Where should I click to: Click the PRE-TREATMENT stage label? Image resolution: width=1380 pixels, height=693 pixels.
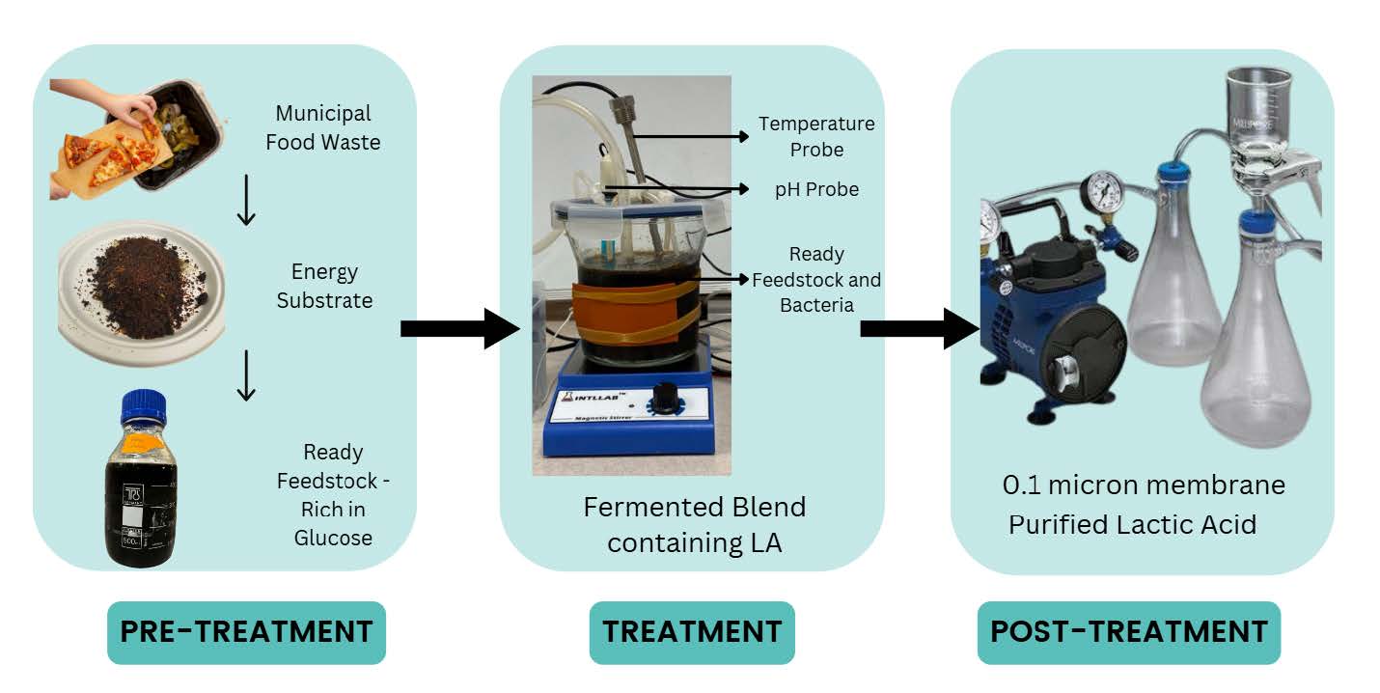(246, 632)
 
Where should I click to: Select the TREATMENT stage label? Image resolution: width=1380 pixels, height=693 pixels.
(692, 632)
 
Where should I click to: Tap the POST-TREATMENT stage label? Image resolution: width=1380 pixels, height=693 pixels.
(1128, 632)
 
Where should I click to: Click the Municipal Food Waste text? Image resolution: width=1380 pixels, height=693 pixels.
(328, 127)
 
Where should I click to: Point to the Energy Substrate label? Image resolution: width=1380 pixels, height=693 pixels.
(324, 287)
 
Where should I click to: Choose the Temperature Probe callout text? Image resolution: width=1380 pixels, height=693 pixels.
(815, 136)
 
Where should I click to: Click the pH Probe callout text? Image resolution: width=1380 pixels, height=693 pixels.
(816, 189)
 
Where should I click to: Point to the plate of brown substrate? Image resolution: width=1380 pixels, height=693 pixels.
(142, 290)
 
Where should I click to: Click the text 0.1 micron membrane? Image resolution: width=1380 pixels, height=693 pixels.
(1144, 485)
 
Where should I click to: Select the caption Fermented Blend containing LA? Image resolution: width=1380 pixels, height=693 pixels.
(694, 524)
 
